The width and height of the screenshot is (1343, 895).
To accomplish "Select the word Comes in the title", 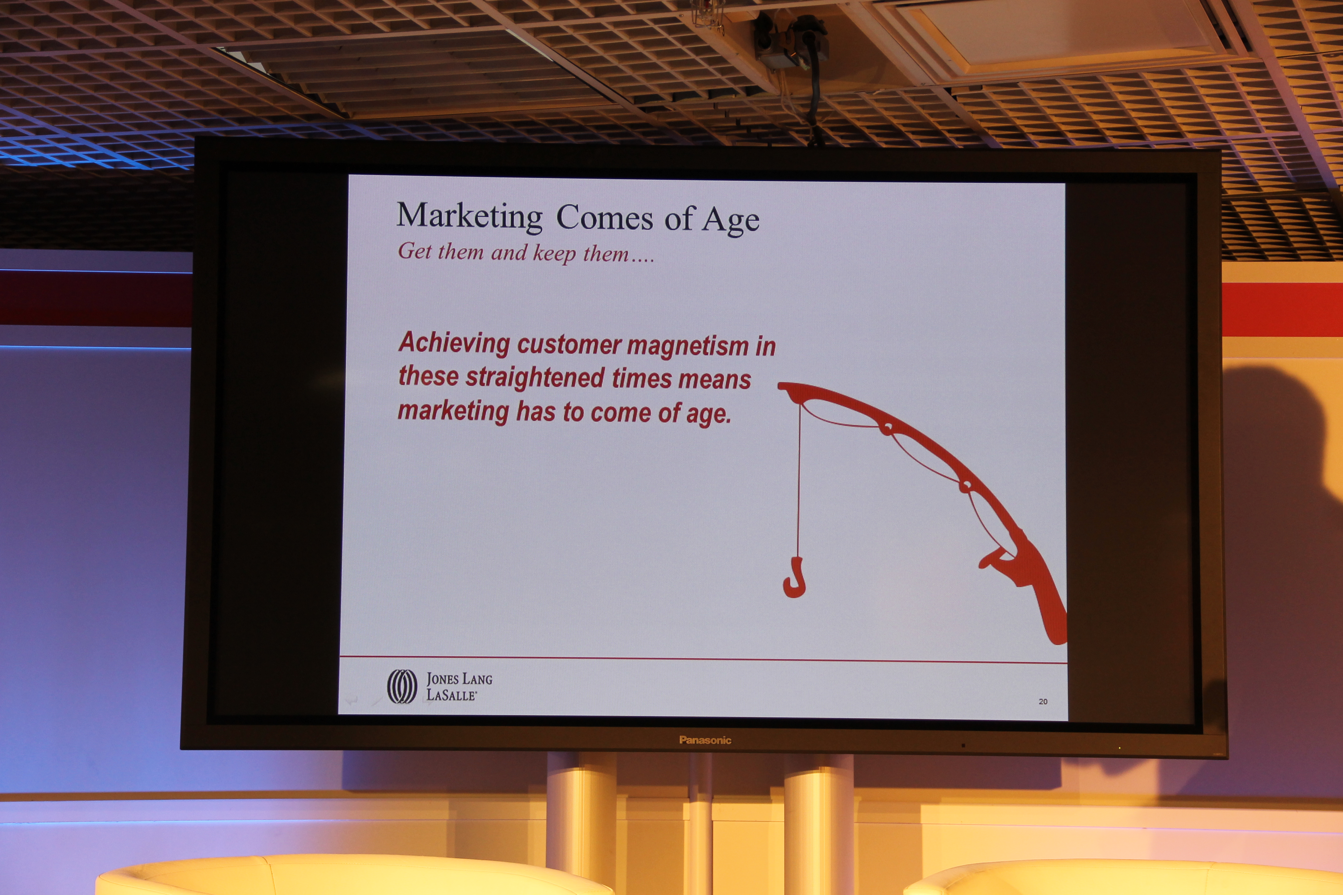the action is coord(604,217).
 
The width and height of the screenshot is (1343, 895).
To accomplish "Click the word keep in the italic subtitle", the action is coord(554,253).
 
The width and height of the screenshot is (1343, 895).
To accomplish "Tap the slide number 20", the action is coord(1043,701).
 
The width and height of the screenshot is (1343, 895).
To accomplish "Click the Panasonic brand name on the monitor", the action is coord(705,740).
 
